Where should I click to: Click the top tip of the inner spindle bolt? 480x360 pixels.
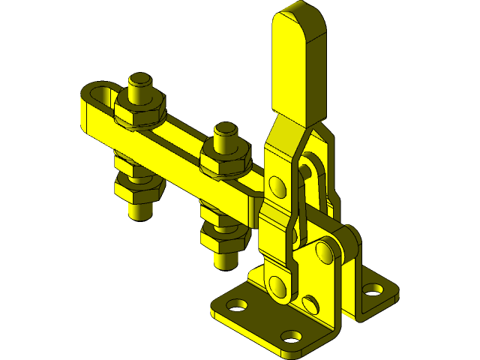tap(225, 129)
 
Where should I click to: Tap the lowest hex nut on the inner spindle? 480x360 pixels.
tap(224, 238)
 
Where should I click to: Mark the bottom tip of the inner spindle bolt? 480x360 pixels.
tap(226, 262)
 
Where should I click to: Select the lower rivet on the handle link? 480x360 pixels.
tap(277, 284)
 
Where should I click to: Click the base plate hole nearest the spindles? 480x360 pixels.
tap(238, 306)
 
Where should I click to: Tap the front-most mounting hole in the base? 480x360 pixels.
tap(291, 336)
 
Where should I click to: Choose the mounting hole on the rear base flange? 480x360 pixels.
tap(371, 288)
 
